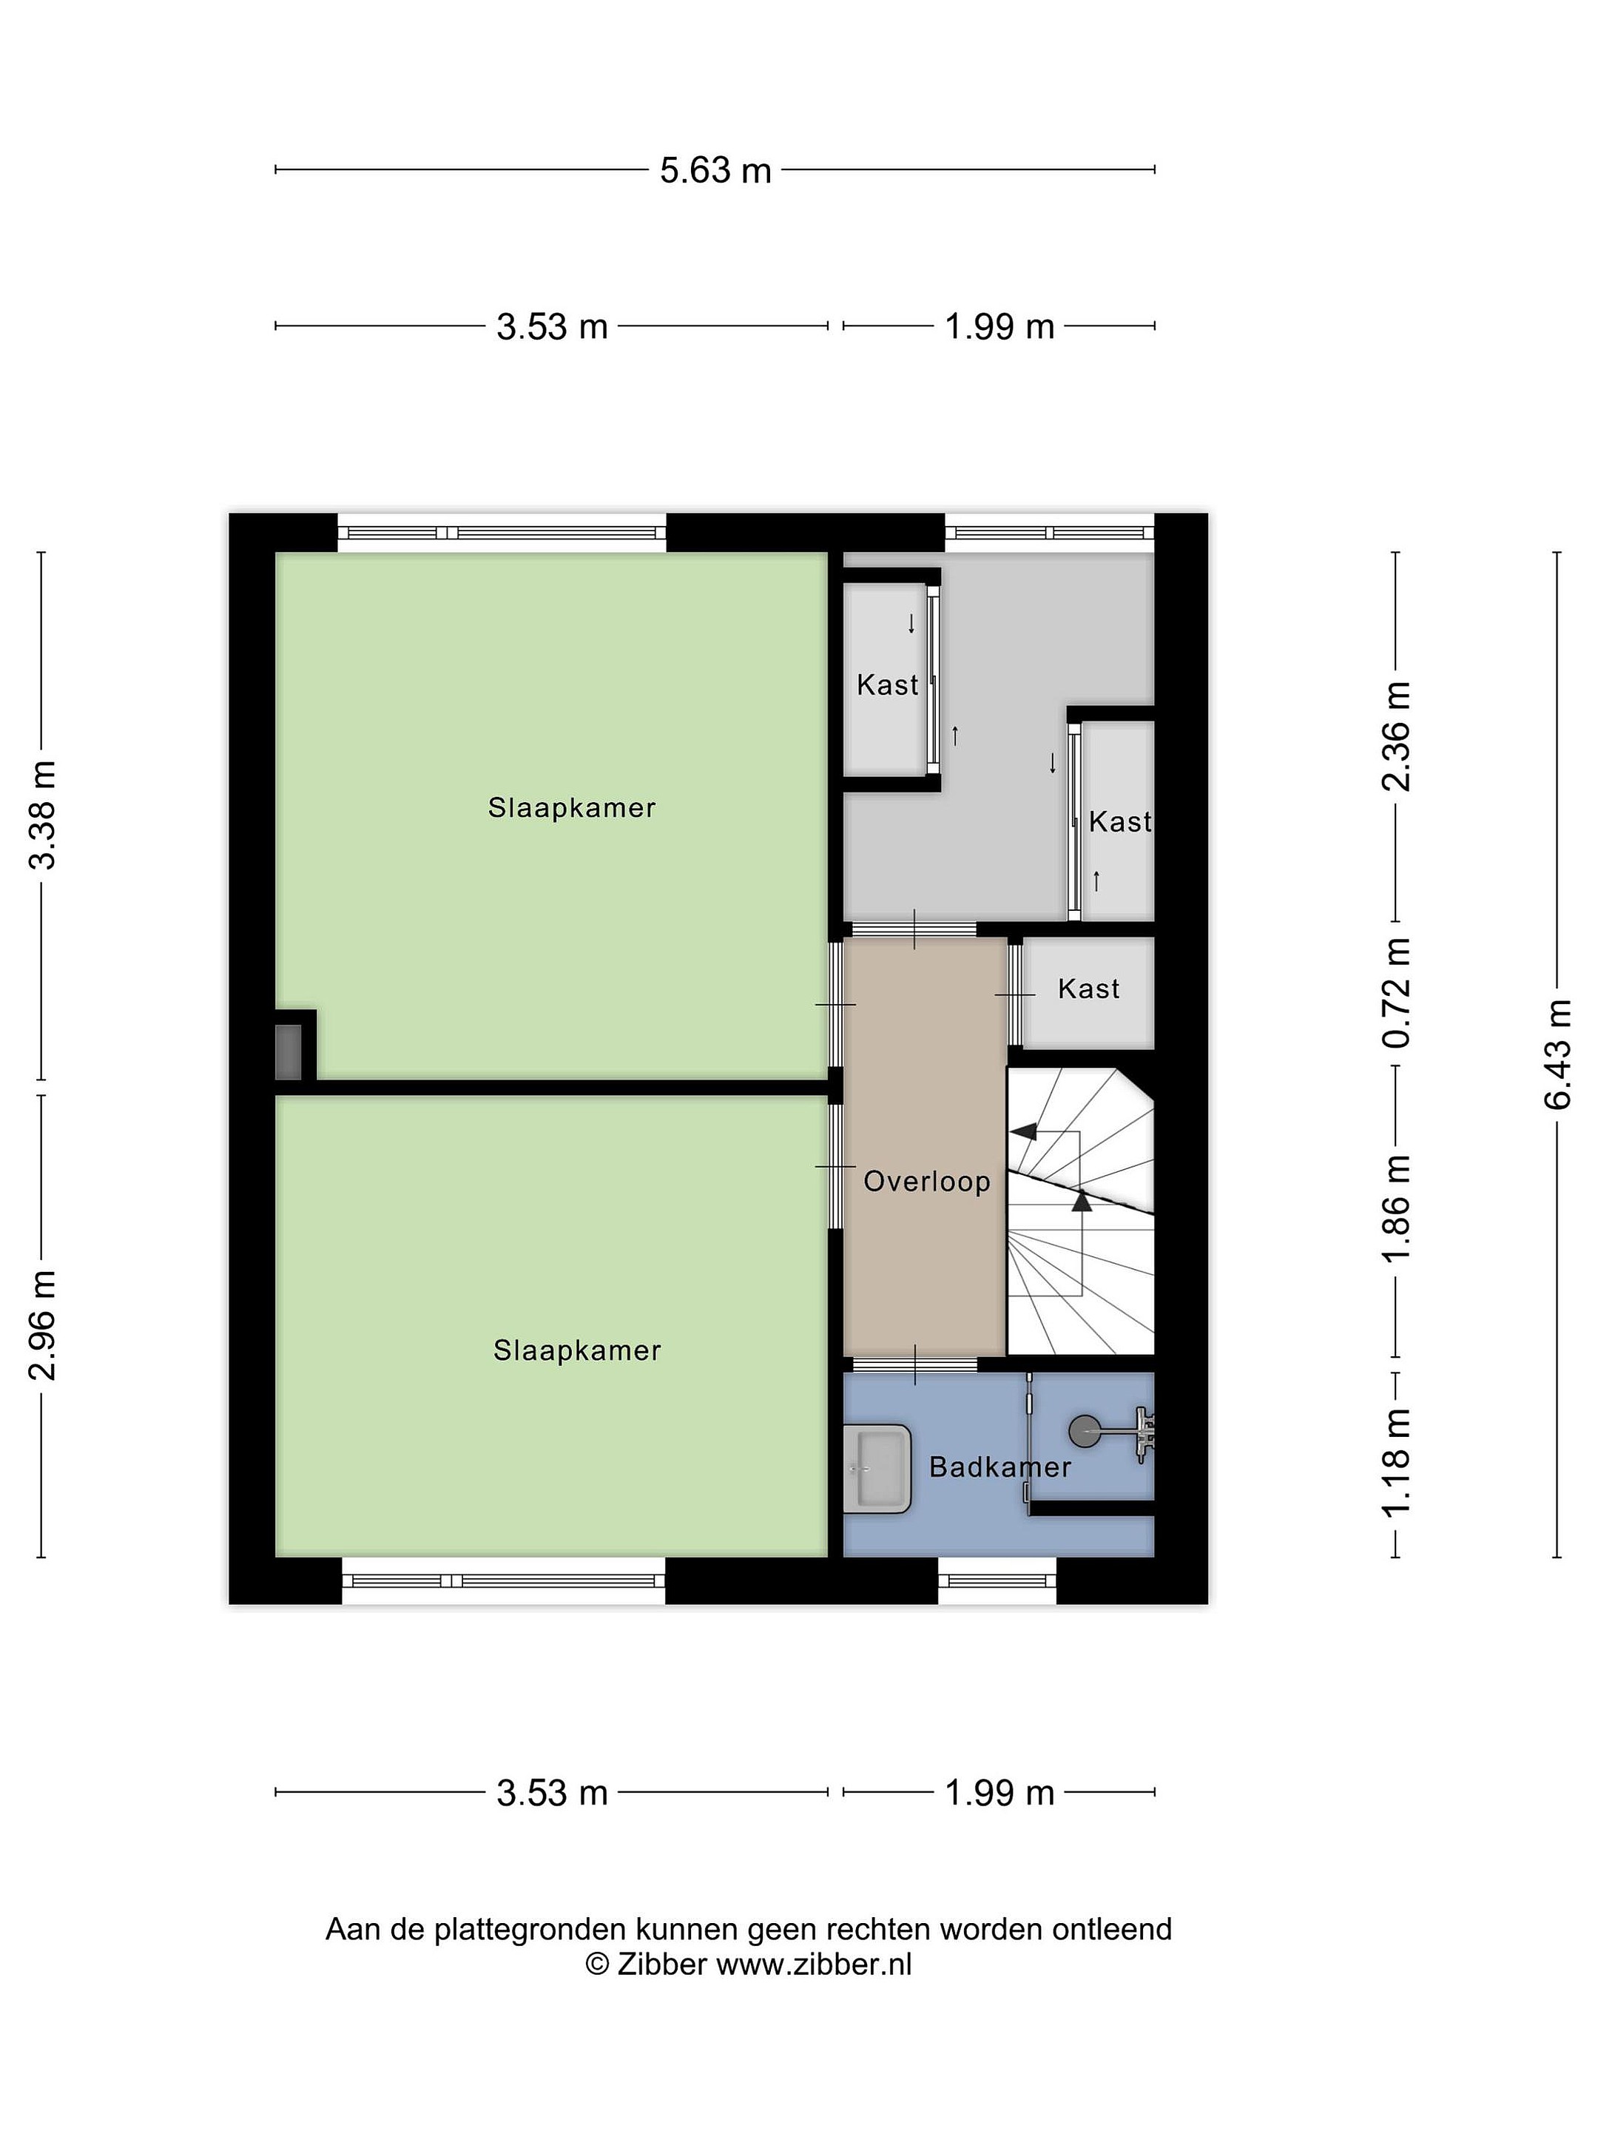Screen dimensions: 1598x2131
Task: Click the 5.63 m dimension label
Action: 715,170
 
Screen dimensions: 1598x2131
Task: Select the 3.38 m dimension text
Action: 42,814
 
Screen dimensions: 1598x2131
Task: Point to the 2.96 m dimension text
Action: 42,1324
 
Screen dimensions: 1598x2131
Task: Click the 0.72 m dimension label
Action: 1396,993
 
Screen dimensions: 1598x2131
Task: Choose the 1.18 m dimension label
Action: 1396,1461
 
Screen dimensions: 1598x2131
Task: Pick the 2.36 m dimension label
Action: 1396,736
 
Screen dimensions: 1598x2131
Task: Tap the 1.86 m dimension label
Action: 1396,1208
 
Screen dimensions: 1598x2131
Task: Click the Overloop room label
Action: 927,1181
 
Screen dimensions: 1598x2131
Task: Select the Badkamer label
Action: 999,1467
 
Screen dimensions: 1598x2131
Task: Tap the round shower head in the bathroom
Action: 1085,1430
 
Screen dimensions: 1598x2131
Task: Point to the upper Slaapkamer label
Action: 572,807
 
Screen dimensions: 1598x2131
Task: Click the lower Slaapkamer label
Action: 577,1350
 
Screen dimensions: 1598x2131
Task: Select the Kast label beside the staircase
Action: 1088,989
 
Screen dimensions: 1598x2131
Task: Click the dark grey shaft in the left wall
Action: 288,1052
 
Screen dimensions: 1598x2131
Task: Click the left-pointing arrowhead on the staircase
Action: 1025,1131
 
